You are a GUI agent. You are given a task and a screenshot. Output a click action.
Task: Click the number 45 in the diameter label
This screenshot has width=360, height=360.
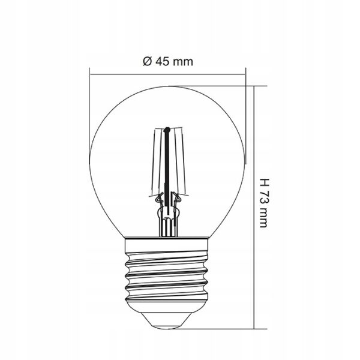162,61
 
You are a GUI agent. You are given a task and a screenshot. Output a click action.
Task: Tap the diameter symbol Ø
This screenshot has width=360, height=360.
148,61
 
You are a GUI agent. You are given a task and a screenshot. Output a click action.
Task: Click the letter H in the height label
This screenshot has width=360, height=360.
264,182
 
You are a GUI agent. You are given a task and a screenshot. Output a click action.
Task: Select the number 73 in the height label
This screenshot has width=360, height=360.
264,196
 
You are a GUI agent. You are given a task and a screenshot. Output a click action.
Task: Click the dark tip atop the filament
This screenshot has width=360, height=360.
167,129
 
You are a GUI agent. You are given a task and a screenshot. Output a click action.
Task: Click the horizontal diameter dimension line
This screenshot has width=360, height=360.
167,74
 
